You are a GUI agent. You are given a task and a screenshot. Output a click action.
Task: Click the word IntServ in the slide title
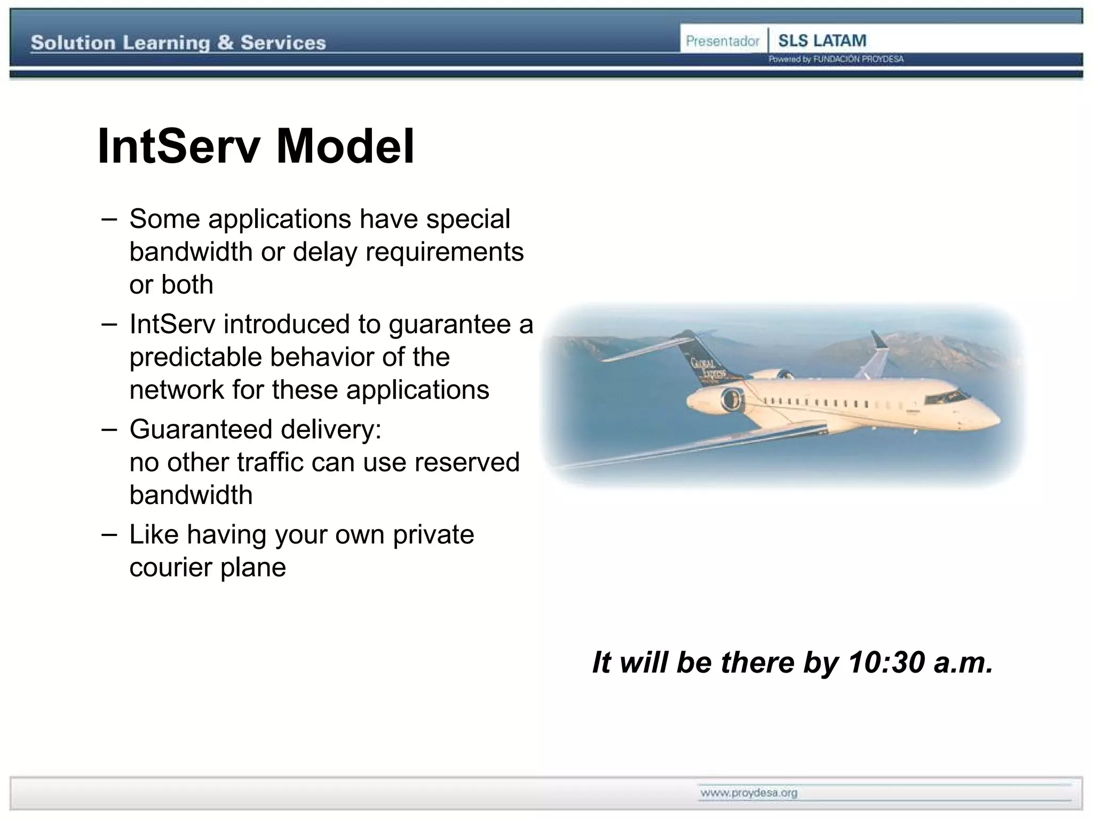tap(179, 147)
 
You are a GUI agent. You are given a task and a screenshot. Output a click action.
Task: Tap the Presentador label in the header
tap(722, 41)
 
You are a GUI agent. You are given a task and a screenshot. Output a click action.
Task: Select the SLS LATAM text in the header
tap(822, 41)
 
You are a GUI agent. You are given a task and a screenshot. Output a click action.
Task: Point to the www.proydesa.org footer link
tap(749, 793)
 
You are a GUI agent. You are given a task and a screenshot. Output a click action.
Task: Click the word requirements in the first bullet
tap(444, 252)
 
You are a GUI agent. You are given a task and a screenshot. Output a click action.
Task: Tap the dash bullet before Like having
tap(109, 534)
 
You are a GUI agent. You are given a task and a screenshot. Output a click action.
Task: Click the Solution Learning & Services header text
tap(178, 43)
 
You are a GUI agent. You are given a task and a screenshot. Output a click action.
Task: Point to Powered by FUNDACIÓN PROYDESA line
tap(836, 59)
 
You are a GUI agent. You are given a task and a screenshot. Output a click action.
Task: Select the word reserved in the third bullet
tap(466, 462)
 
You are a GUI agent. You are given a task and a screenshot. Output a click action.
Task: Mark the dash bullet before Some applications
tap(109, 219)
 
